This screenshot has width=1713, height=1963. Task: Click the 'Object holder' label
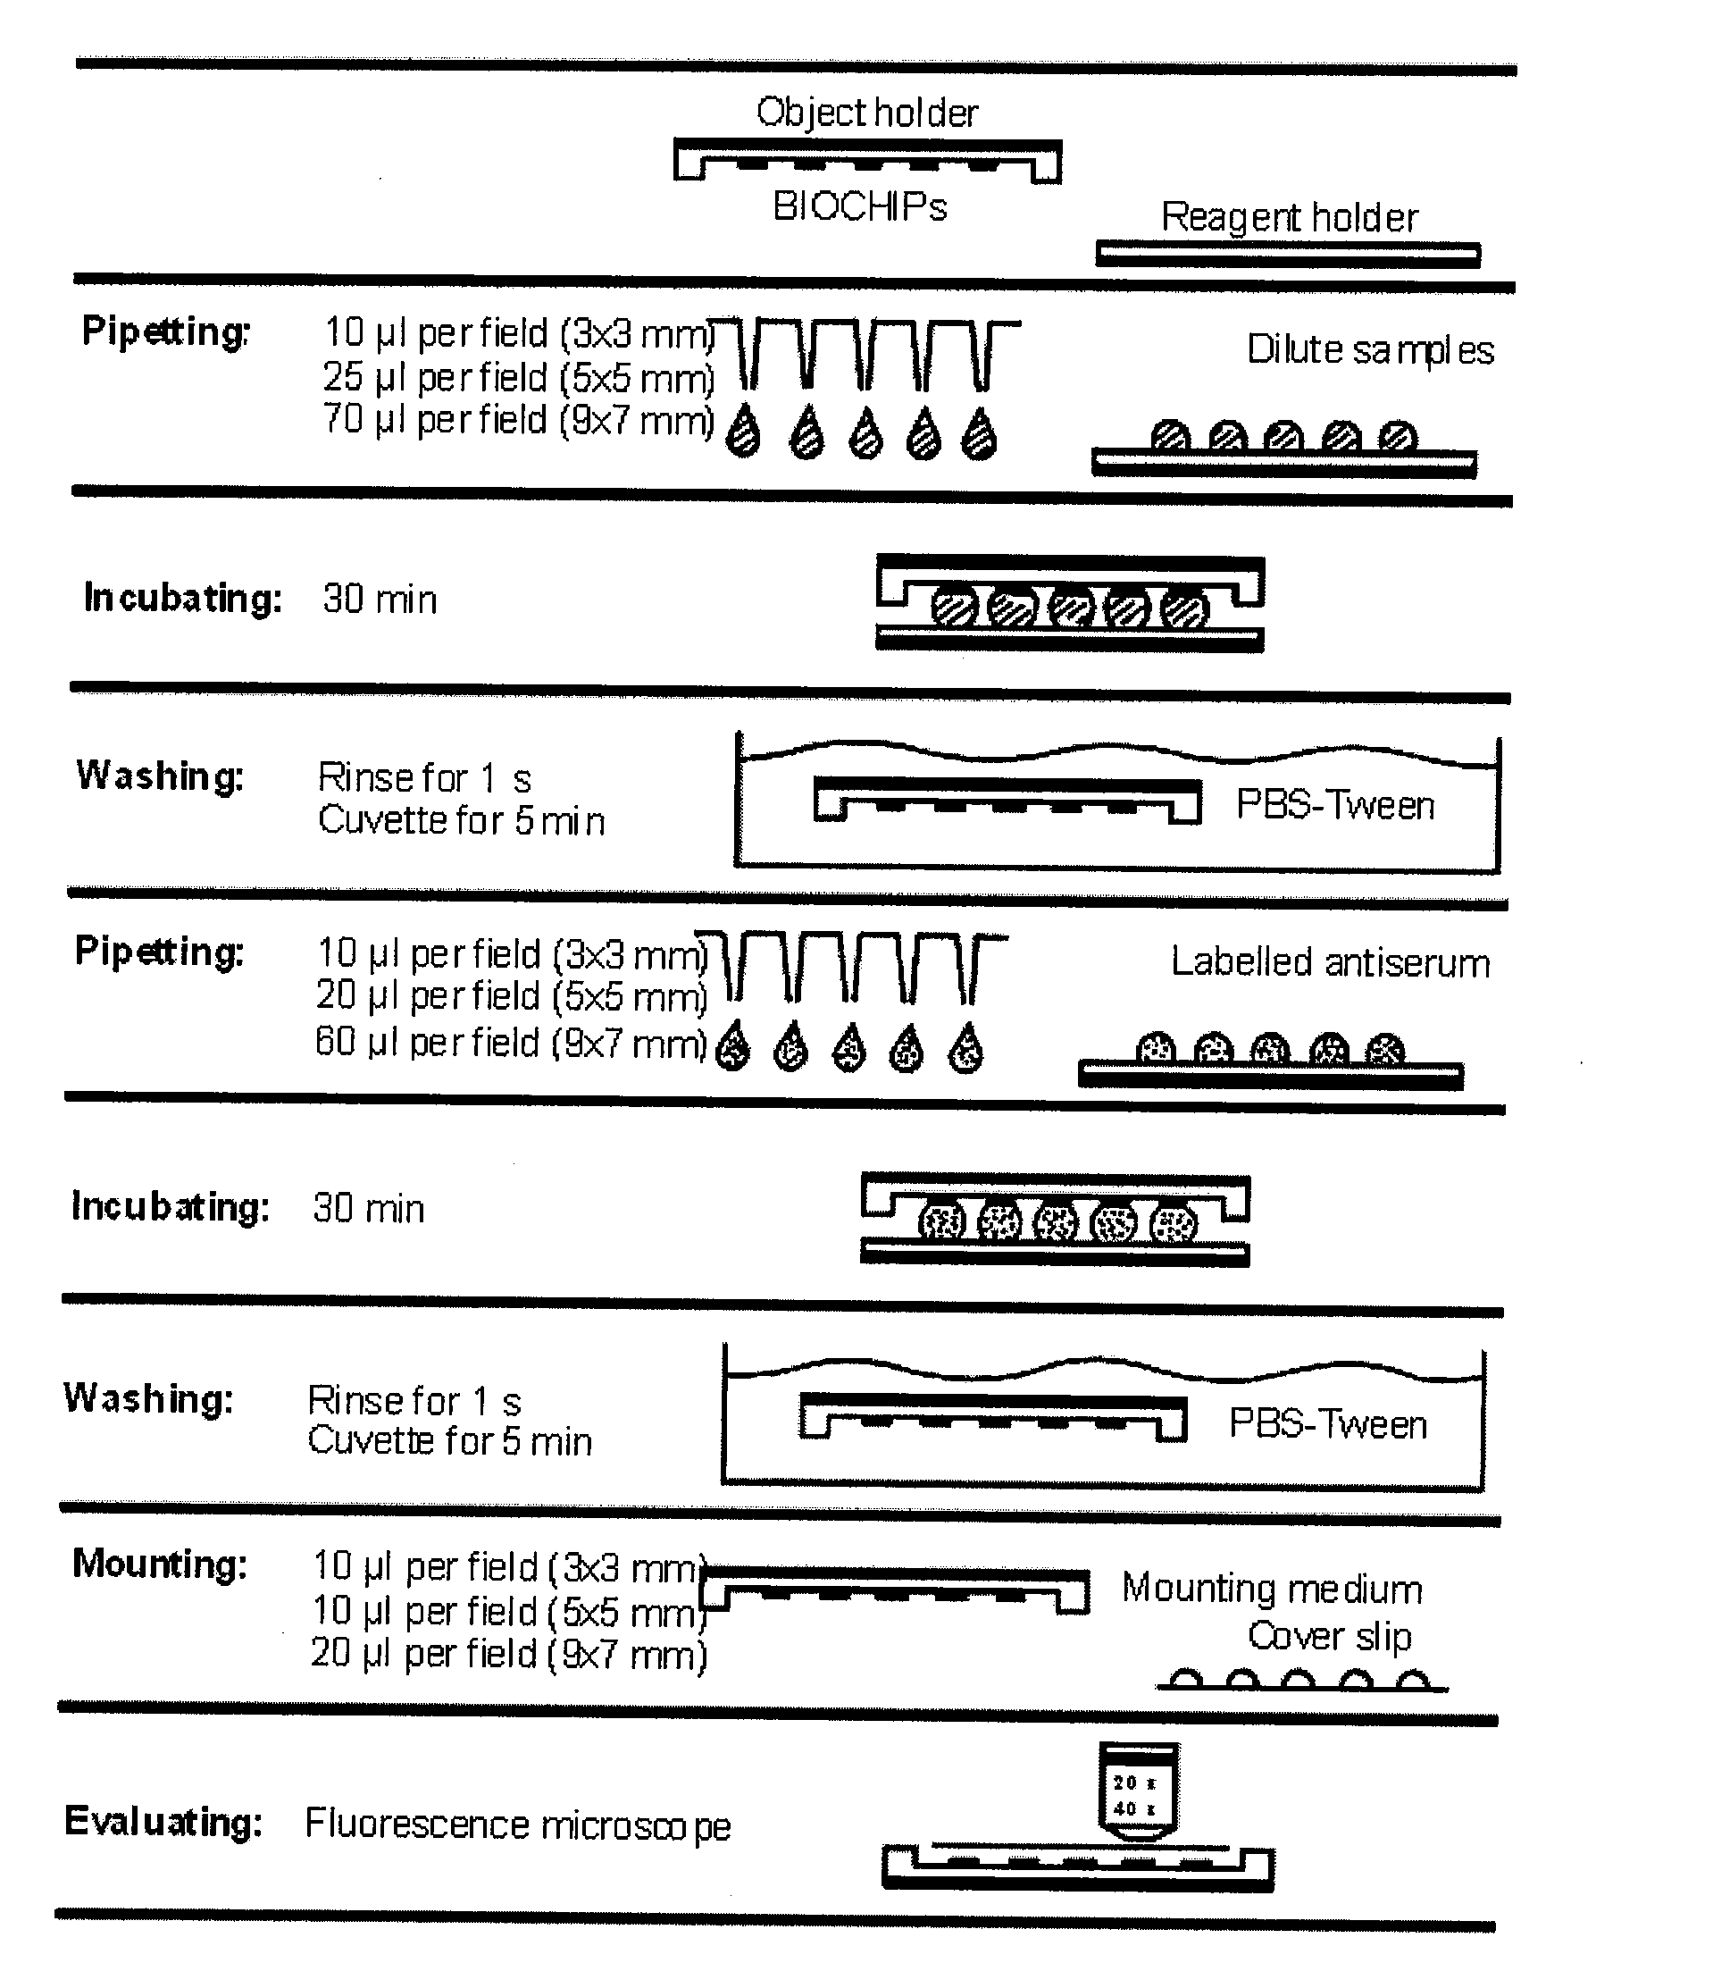[x=866, y=113]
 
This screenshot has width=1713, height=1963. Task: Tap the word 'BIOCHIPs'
[x=859, y=206]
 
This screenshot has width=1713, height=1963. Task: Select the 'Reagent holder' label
[x=1289, y=218]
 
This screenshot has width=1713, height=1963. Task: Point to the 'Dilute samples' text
[x=1369, y=350]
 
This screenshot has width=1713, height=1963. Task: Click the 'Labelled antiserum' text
[x=1330, y=962]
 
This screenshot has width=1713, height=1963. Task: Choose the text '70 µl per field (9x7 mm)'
[x=518, y=420]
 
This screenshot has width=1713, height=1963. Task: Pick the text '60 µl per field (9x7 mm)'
[x=511, y=1041]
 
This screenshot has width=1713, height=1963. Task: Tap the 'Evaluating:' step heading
[x=163, y=1822]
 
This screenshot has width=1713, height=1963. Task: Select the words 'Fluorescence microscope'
[x=517, y=1825]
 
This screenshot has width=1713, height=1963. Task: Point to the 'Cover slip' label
[x=1329, y=1636]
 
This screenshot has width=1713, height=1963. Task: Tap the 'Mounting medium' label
[x=1272, y=1589]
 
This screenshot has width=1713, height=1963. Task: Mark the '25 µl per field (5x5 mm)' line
[x=518, y=378]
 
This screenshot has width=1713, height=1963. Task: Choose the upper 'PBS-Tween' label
[x=1334, y=805]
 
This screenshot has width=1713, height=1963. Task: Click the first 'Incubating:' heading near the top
[x=182, y=598]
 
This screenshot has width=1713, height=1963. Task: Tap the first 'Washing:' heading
[x=160, y=776]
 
